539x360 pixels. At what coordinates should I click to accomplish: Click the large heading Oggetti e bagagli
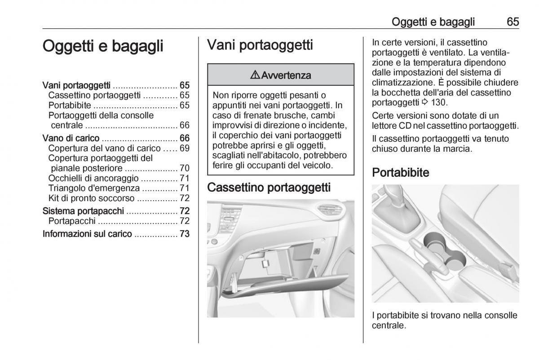(103, 47)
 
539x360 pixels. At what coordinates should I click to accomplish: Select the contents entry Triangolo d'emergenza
(94, 188)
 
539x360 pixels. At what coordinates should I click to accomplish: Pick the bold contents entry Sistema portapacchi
(84, 211)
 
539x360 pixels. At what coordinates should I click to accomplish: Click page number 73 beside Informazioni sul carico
(184, 234)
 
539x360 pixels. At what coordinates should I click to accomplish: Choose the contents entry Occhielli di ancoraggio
(92, 178)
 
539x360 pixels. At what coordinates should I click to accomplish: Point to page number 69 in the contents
(184, 148)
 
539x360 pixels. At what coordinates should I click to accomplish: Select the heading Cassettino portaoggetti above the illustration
(269, 187)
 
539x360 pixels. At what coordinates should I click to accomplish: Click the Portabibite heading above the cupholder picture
(401, 173)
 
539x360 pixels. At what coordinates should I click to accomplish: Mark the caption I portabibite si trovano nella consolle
(445, 316)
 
